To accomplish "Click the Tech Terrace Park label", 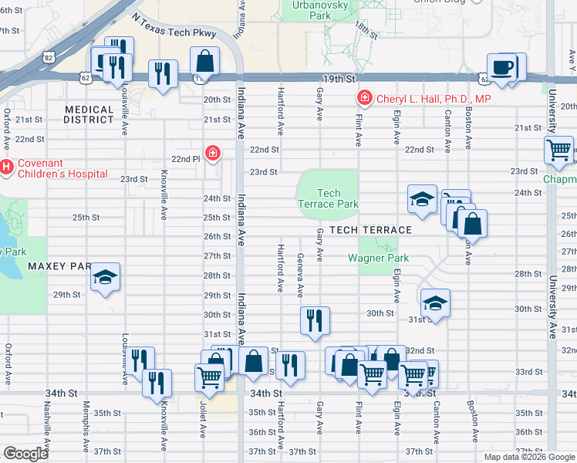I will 328,199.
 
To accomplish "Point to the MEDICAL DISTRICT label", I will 89,114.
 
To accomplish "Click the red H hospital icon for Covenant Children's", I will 6,166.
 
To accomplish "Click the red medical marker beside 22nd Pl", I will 211,153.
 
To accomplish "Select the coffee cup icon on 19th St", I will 502,67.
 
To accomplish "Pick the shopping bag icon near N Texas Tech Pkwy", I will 204,60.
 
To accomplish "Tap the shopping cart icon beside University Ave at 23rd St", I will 558,150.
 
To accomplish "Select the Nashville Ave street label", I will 47,425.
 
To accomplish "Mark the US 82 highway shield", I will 49,58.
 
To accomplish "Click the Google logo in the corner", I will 25,454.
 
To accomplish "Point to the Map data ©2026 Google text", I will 528,457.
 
